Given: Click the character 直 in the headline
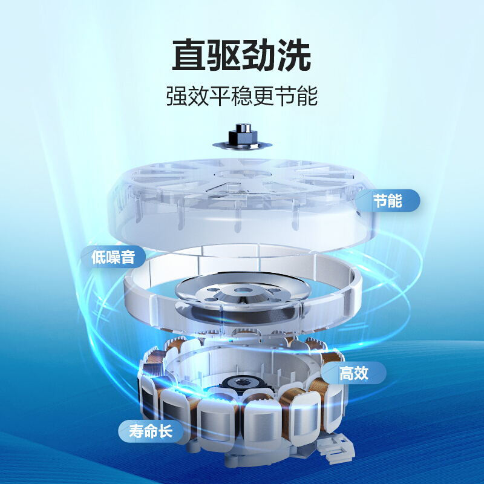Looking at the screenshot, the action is click(x=189, y=55).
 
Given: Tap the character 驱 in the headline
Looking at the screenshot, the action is click(x=224, y=55).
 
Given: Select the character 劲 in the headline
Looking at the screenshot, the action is click(x=259, y=55).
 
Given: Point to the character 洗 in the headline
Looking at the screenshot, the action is click(x=293, y=55).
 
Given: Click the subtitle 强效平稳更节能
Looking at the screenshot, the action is click(x=242, y=96).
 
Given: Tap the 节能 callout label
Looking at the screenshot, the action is click(x=388, y=200).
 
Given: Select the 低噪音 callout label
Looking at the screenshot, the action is click(x=113, y=257).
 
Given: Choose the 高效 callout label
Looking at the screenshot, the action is click(x=354, y=373).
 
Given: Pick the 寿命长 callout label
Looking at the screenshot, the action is click(x=151, y=431).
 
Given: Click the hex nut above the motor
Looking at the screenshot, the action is click(x=243, y=133).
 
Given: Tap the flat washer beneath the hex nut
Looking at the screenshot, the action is click(x=243, y=145).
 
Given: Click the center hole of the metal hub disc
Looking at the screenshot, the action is click(x=243, y=290).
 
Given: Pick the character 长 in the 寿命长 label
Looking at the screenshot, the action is click(x=165, y=431).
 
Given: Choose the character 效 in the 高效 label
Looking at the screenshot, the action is click(x=361, y=373).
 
